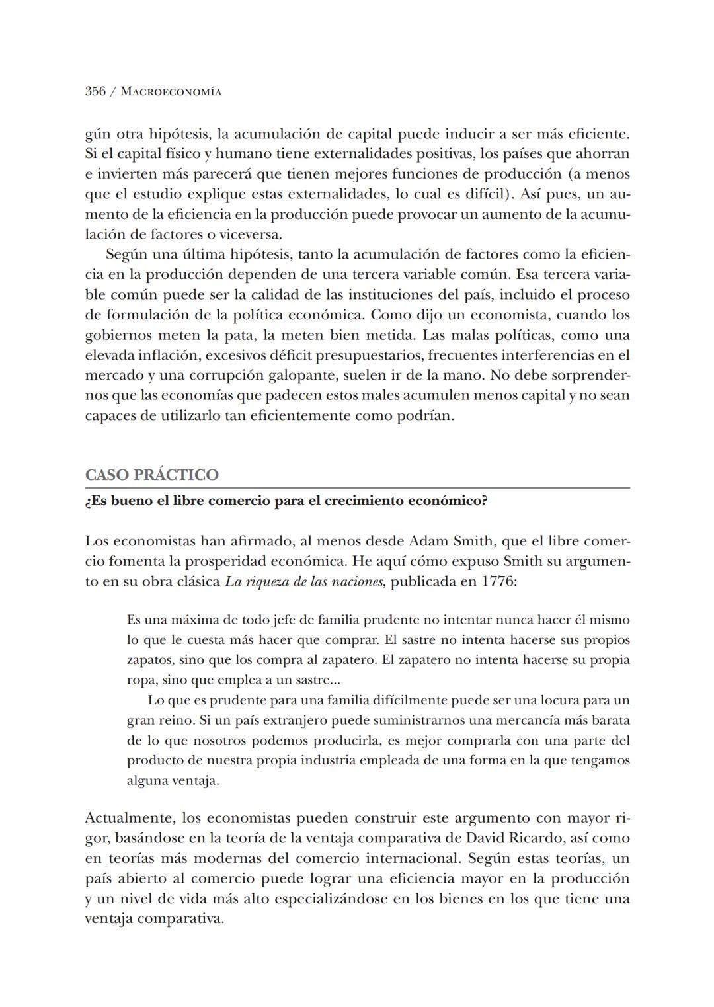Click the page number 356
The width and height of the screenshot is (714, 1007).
(95, 91)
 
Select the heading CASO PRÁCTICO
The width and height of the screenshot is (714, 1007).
(151, 475)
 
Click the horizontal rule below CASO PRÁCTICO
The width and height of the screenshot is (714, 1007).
(357, 488)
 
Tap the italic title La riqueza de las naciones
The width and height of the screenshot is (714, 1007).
(304, 582)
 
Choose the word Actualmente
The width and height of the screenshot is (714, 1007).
(129, 819)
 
